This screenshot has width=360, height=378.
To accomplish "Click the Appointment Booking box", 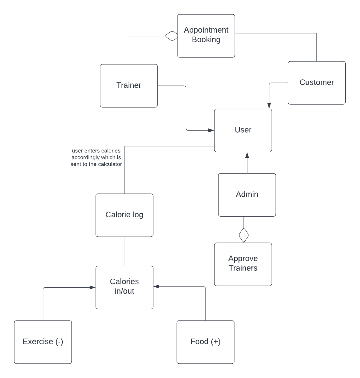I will [206, 36].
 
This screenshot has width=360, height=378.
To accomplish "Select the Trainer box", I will [129, 86].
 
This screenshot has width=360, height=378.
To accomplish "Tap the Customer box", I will [317, 83].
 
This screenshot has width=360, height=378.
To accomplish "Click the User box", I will [243, 130].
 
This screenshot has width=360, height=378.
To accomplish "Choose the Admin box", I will [247, 195].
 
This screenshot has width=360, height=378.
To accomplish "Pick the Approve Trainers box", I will [243, 264].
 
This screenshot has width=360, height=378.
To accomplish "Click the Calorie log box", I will [124, 215].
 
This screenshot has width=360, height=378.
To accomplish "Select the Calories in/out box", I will [124, 287].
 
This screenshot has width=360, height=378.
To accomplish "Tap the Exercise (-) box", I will [43, 342].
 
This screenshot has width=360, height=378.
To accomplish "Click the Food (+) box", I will [205, 342].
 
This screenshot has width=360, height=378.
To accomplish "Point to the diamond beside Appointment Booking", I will [171, 36].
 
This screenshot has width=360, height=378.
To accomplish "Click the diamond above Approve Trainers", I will [244, 235].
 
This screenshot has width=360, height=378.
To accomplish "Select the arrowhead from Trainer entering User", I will [211, 130].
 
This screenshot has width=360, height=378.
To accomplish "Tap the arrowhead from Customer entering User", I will [269, 106].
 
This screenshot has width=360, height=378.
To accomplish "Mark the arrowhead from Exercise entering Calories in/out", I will [93, 287].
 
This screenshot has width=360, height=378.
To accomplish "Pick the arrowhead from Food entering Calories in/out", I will [157, 286].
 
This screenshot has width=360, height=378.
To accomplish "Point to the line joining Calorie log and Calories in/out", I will [124, 251].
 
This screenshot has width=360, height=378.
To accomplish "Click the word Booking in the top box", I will [206, 40].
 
